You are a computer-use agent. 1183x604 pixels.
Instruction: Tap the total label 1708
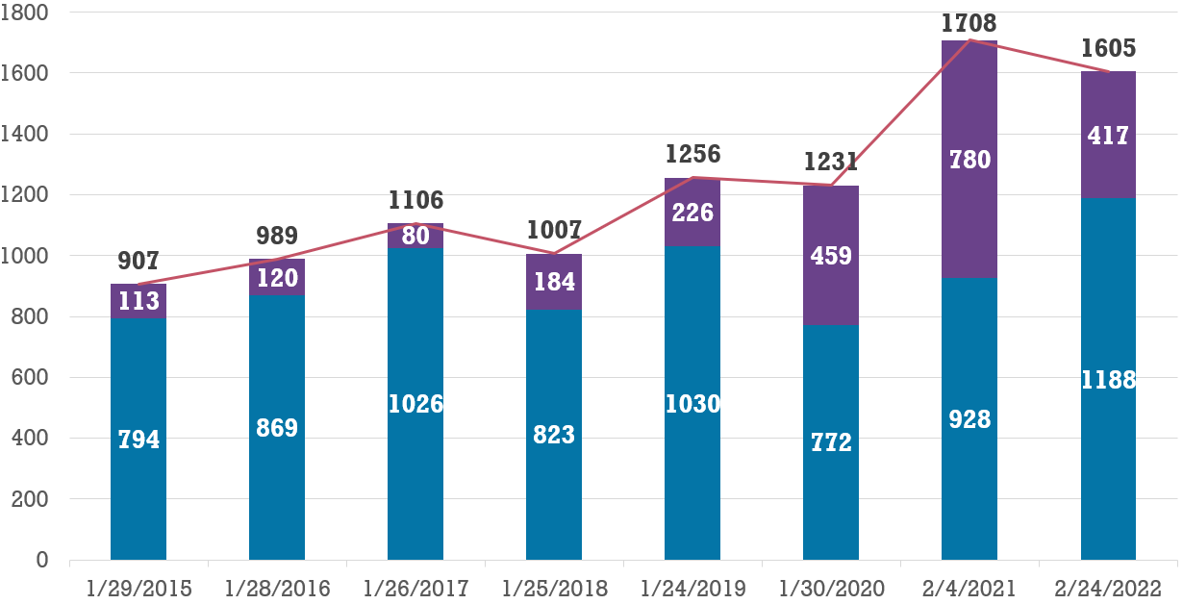969,23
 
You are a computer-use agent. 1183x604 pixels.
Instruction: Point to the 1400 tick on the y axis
30,134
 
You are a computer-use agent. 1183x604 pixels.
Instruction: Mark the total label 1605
1109,48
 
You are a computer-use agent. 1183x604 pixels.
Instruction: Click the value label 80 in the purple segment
415,236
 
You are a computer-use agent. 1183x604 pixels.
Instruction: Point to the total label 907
138,261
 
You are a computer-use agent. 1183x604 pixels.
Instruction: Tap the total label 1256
692,154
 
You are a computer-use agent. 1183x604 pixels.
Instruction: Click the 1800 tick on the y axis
30,13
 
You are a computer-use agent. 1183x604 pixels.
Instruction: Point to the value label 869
277,428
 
